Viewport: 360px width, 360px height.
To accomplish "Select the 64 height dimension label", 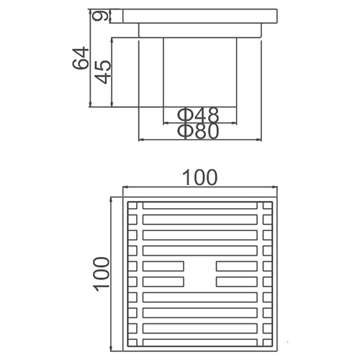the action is tap(81, 58).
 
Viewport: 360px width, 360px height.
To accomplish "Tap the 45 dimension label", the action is tap(103, 72).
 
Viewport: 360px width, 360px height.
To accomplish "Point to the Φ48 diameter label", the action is tap(198, 115).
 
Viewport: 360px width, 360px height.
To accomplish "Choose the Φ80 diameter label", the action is tap(198, 131).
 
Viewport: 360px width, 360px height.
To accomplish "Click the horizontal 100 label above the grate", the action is tap(199, 178).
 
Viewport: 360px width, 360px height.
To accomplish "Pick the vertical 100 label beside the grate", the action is tap(101, 274).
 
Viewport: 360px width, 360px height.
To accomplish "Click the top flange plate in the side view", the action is tap(200, 17).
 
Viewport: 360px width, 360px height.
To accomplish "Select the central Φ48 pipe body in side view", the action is tap(200, 72).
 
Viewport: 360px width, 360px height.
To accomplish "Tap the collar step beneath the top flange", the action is tap(200, 30).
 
